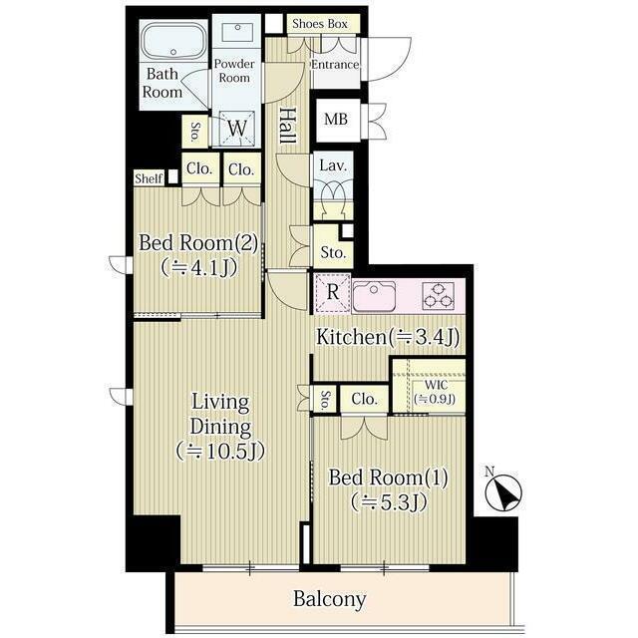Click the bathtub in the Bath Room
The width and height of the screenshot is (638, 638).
point(173,41)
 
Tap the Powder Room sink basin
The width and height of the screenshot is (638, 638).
point(237,32)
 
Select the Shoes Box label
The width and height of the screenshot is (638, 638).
point(320,24)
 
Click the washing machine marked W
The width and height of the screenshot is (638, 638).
point(237,129)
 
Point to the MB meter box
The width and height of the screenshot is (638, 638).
point(336,120)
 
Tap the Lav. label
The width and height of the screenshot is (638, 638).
point(333,165)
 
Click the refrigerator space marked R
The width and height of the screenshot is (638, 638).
point(333,292)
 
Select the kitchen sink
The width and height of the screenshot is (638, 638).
point(374,296)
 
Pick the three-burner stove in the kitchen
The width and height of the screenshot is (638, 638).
point(439,296)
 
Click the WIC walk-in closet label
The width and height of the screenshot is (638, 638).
point(436,385)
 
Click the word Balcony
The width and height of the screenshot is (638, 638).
point(330,599)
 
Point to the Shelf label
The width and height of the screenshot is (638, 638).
point(149,178)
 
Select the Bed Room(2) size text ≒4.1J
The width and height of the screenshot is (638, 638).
point(198,268)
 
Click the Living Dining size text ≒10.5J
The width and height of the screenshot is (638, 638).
point(220,452)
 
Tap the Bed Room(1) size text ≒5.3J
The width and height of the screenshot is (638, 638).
point(389,502)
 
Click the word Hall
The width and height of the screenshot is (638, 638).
point(288,126)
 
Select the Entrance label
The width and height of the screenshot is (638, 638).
point(335,65)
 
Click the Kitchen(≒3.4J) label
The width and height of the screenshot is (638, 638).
point(388,337)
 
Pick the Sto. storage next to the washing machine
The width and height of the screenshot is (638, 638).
point(194,132)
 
